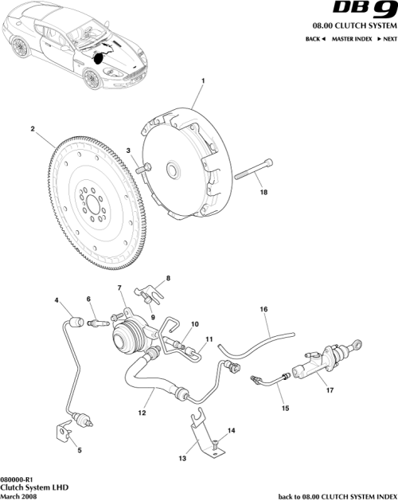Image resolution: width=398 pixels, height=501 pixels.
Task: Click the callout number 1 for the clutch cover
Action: pos(202,81)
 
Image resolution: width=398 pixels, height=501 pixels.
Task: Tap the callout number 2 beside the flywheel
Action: pos(32,127)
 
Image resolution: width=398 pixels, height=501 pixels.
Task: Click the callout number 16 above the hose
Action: pos(263,309)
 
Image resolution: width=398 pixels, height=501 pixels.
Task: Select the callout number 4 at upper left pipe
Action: pos(57,300)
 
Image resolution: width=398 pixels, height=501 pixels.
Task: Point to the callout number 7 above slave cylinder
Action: pos(119,288)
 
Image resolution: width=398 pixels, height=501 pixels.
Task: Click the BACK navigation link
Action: pos(315,38)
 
